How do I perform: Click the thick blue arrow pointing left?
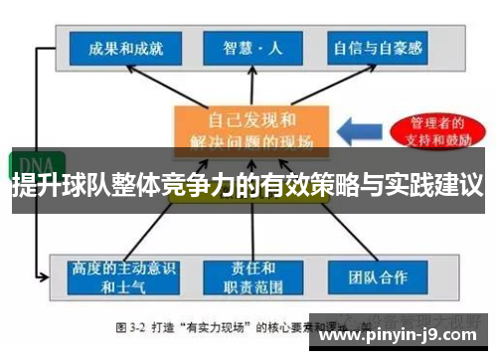point(353,130)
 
